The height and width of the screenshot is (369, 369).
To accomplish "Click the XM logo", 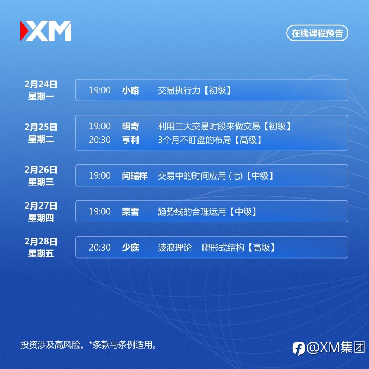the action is click(46, 31).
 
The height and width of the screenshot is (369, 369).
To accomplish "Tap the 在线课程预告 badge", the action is click(317, 33).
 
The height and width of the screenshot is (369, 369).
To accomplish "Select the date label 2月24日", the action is click(41, 84).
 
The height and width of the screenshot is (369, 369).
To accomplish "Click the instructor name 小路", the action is click(130, 90).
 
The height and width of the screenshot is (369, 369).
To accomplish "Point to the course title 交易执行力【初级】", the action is click(195, 90).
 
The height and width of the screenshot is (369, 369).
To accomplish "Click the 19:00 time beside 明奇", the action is click(99, 126).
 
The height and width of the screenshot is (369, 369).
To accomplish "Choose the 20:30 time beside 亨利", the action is click(99, 140).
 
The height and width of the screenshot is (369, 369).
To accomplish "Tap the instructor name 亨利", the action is click(130, 140).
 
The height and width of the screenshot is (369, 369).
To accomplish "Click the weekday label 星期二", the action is click(41, 139).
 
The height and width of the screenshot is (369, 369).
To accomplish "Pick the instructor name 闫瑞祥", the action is click(135, 176).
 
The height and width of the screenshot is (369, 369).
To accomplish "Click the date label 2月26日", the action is click(41, 170).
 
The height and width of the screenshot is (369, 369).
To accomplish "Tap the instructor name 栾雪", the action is click(130, 211).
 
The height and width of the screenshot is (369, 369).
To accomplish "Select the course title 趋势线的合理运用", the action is click(192, 211).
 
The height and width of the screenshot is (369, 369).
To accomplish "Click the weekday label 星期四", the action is click(41, 218).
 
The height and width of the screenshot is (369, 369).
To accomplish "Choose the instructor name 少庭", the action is click(130, 248).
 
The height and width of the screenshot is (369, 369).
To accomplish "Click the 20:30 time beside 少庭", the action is click(99, 248).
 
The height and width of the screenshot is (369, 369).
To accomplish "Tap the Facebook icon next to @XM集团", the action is click(299, 348).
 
